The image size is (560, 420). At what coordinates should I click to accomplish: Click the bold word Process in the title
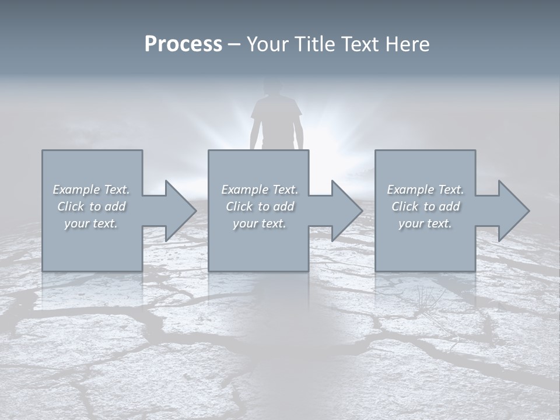(183, 44)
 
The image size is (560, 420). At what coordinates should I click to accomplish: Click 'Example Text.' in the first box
(92, 190)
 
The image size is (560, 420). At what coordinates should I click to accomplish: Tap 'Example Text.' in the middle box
(259, 190)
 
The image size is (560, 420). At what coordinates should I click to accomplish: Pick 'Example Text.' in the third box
(425, 190)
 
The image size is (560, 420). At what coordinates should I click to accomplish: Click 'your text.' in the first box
(91, 223)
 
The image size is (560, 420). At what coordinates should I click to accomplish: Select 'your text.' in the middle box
(259, 223)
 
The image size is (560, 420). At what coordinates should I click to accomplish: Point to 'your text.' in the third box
(425, 223)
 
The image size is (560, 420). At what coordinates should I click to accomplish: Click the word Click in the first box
(71, 206)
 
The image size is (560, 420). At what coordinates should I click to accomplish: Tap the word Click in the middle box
(239, 206)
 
